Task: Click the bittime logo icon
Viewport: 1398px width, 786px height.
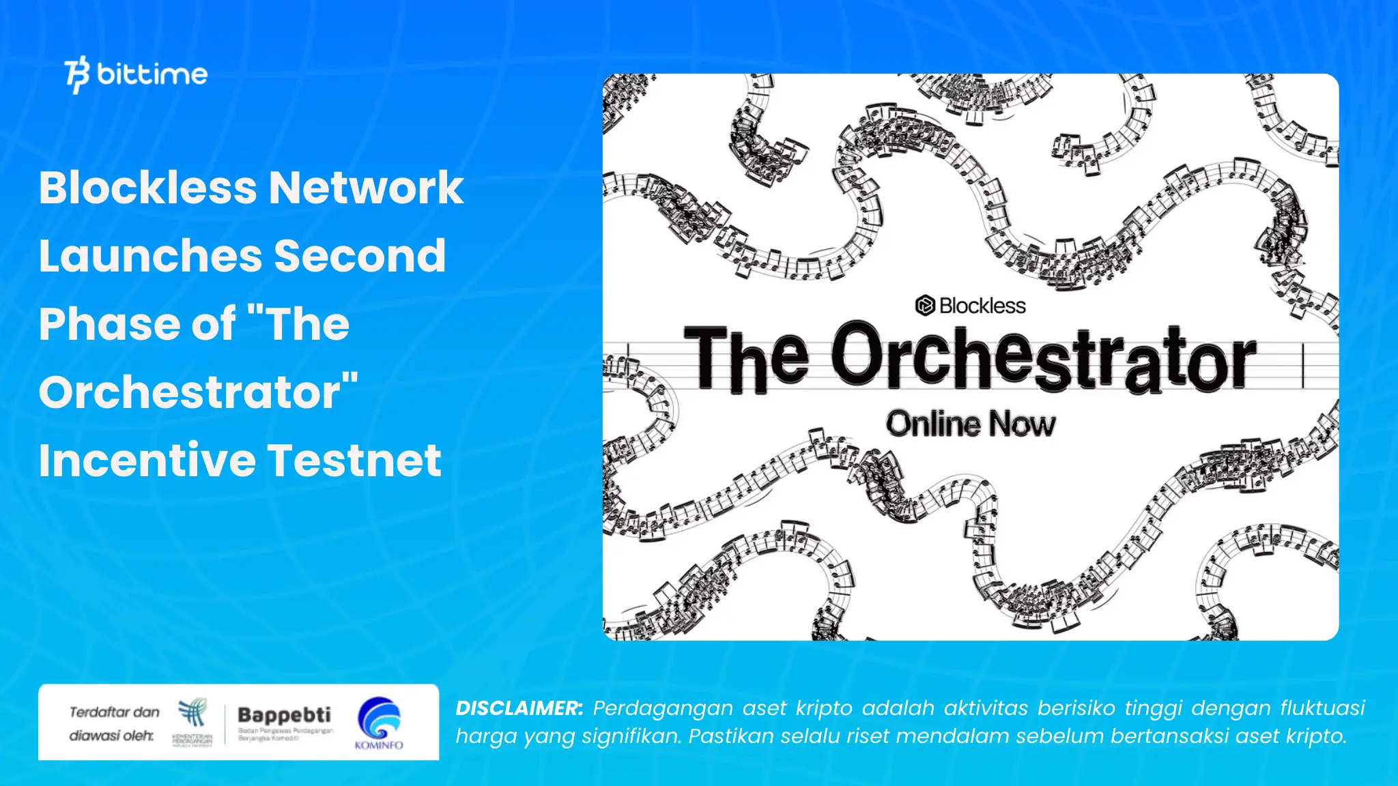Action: pos(77,74)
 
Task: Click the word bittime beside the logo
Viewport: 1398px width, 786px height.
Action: pos(152,74)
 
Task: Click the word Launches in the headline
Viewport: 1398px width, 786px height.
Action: pos(150,256)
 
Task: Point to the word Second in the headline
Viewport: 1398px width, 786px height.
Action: pos(360,256)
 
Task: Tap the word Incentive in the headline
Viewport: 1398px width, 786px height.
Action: pos(147,461)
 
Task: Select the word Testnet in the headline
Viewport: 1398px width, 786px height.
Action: pos(354,461)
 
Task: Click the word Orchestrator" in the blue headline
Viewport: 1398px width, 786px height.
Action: pos(198,392)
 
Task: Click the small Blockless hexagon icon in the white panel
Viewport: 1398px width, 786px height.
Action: pos(924,306)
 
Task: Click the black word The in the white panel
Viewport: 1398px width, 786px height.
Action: pos(746,359)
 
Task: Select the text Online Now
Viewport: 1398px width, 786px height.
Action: pos(970,424)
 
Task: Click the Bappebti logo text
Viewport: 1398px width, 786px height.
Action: pos(284,715)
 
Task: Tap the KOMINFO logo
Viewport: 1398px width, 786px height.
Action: pos(379,723)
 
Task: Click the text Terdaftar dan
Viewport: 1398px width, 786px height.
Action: pos(114,712)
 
